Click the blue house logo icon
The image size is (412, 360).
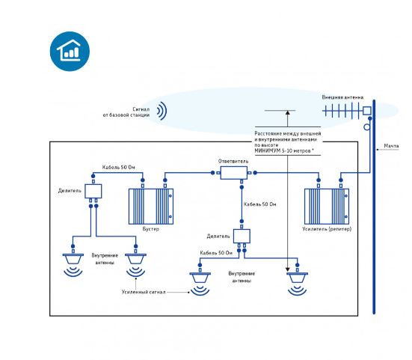[x=70, y=52]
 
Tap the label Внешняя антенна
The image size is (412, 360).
[x=342, y=97]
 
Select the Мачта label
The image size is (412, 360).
[x=391, y=146]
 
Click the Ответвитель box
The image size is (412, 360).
[x=233, y=173]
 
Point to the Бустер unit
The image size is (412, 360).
[x=151, y=207]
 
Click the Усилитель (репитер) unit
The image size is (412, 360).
[x=327, y=207]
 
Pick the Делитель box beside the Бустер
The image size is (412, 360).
[x=93, y=191]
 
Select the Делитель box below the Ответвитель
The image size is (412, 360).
[x=242, y=237]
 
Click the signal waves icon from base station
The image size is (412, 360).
[x=162, y=111]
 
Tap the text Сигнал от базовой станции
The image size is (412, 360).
[x=126, y=112]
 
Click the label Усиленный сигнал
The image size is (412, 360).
[x=144, y=292]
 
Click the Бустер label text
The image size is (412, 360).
[x=151, y=229]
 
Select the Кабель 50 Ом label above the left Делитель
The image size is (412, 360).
[x=118, y=167]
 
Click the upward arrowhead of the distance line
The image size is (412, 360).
[x=288, y=112]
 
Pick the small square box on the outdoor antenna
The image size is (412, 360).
[x=367, y=111]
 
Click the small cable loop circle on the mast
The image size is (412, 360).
[x=367, y=127]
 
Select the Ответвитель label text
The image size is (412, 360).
[x=233, y=161]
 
